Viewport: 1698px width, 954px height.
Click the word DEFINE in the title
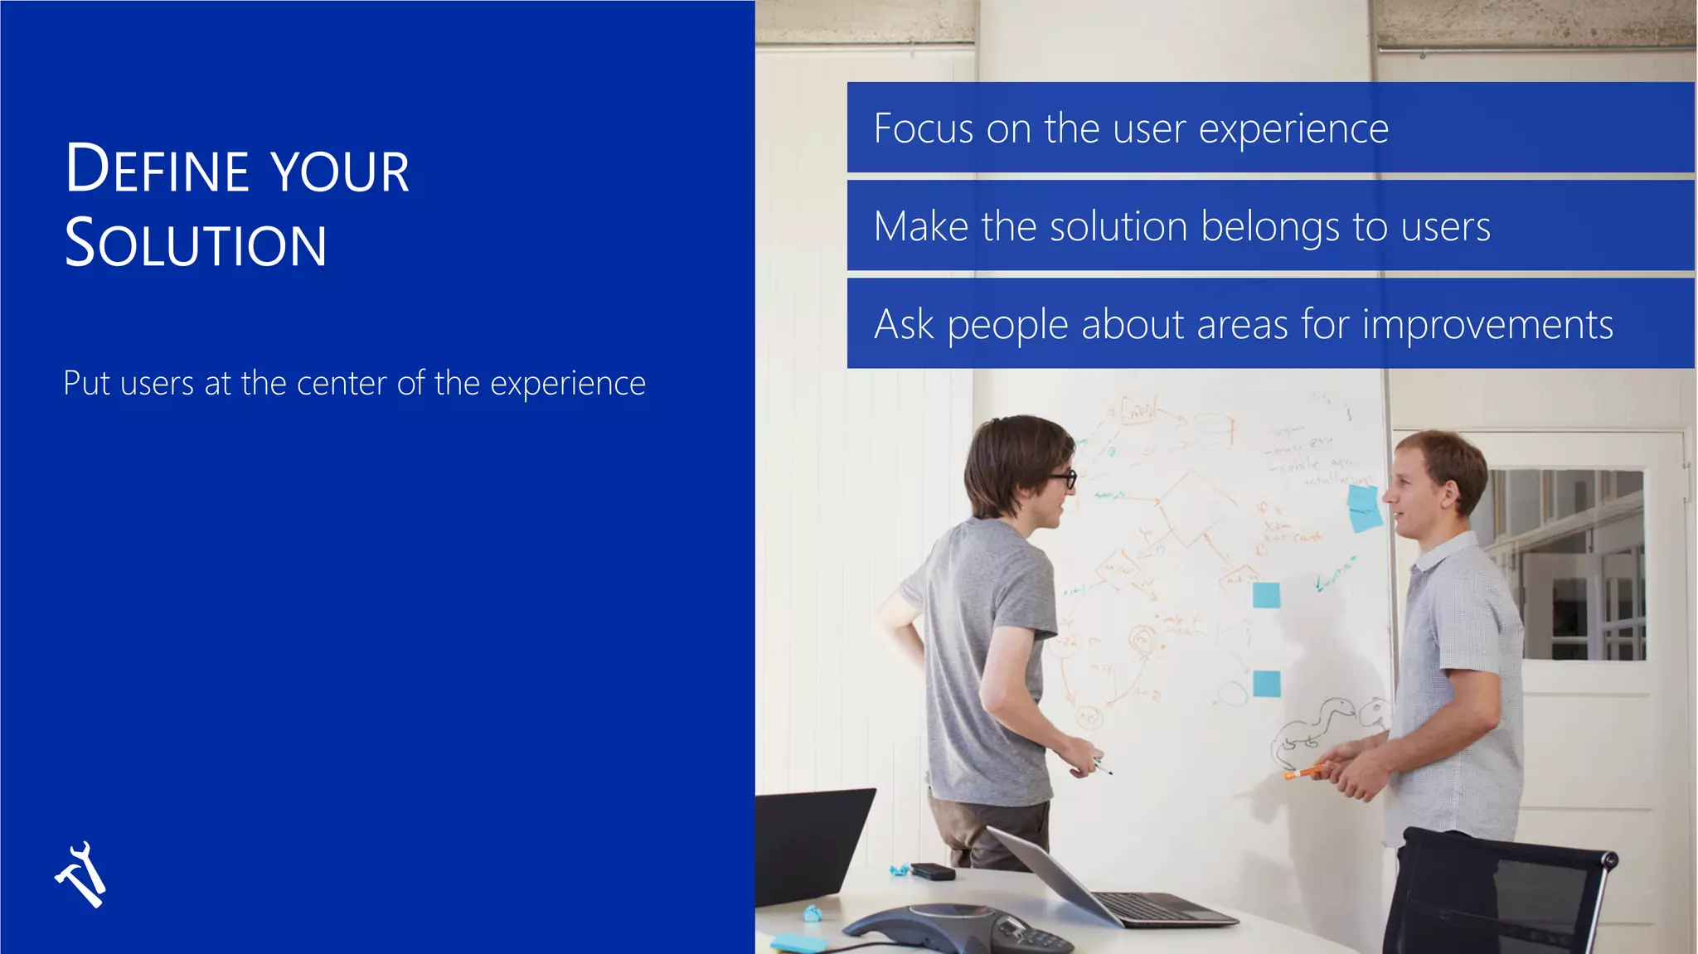[x=157, y=170]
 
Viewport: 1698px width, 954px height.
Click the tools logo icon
[x=81, y=875]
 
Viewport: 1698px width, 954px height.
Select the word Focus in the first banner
[x=924, y=129]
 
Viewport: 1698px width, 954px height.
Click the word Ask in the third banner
[x=904, y=324]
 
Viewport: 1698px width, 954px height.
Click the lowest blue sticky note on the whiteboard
[x=1266, y=684]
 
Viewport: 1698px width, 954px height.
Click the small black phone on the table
[x=933, y=871]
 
